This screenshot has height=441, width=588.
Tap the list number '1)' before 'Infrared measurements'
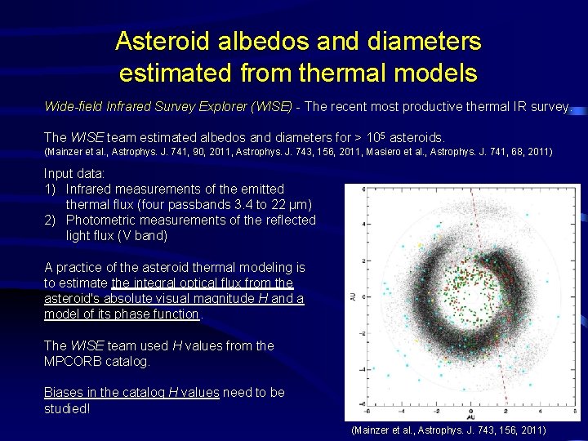[x=51, y=189]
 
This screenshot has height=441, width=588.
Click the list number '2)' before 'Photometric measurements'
[x=51, y=220]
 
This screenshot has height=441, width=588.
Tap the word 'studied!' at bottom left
[x=67, y=408]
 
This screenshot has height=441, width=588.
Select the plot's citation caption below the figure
[x=448, y=429]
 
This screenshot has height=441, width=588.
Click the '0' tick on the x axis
[x=470, y=411]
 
